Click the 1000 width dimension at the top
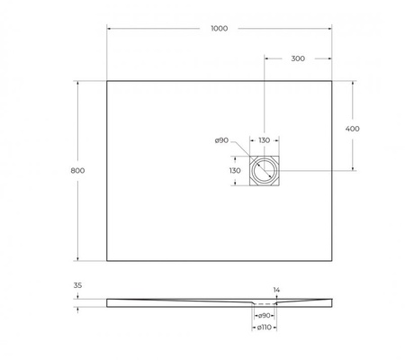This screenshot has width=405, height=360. (x=219, y=28)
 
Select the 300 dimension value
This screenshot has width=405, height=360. (x=298, y=58)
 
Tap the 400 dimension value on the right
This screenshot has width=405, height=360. (x=353, y=128)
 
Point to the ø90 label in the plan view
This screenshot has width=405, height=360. (x=221, y=140)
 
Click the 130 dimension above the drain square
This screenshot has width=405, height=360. (x=264, y=140)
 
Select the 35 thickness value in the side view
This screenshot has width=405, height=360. (x=77, y=286)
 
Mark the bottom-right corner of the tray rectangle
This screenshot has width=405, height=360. (x=331, y=260)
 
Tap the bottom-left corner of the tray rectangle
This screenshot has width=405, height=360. (x=107, y=260)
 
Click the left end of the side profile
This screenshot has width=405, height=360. (x=108, y=301)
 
